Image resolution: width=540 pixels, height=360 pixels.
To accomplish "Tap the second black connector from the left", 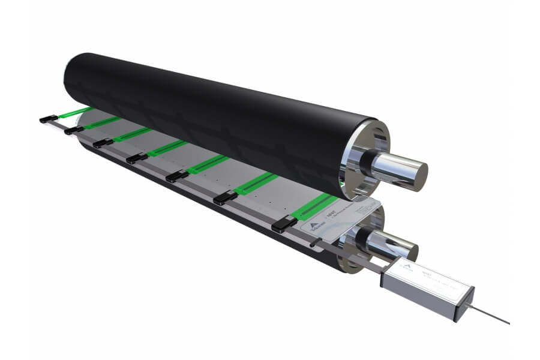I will (x=74, y=130).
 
